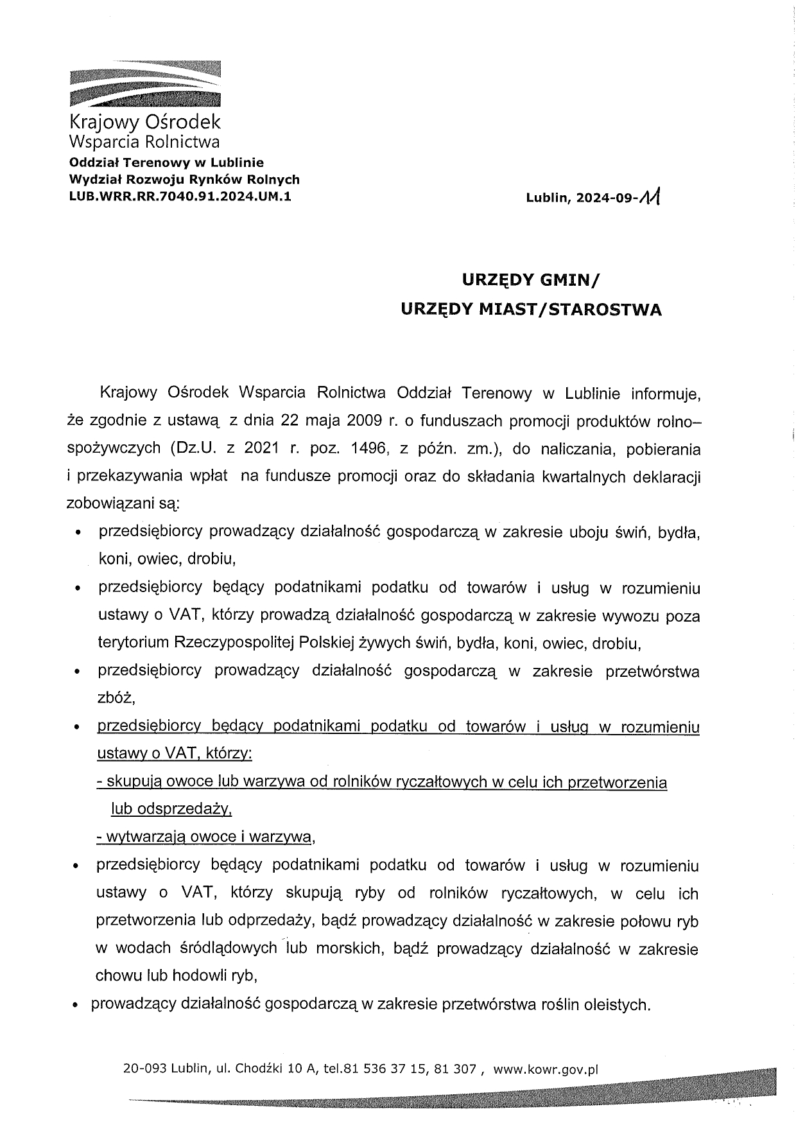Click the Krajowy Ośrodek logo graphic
(144, 83)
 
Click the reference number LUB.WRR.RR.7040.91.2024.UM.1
(179, 197)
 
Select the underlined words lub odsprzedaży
(171, 809)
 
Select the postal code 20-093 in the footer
(143, 1069)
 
